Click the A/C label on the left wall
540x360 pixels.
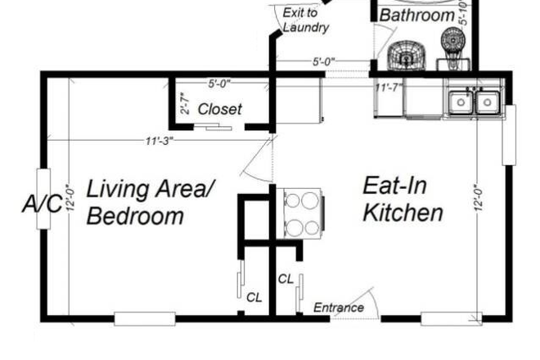[x=43, y=204]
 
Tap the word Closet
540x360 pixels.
[x=220, y=109]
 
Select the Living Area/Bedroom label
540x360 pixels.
[x=151, y=202]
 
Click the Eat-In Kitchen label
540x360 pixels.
[x=403, y=199]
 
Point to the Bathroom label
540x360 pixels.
[x=417, y=16]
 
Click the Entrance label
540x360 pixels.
[x=339, y=308]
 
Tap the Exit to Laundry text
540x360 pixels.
[x=305, y=20]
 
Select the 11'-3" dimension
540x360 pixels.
[x=159, y=141]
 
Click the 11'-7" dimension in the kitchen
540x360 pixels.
[x=389, y=88]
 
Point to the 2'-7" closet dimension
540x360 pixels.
[x=185, y=103]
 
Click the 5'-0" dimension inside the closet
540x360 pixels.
[x=219, y=83]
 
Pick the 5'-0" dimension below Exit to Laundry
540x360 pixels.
[x=324, y=61]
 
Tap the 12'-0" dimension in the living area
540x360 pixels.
[x=70, y=199]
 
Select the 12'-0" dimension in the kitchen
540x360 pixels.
[x=479, y=199]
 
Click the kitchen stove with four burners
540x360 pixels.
[x=302, y=214]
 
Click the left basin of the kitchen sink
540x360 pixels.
[x=461, y=102]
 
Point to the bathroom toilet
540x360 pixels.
[x=453, y=48]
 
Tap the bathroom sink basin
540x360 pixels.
[x=407, y=56]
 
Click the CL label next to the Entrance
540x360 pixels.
[x=286, y=279]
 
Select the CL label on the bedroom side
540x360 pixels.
[x=254, y=297]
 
